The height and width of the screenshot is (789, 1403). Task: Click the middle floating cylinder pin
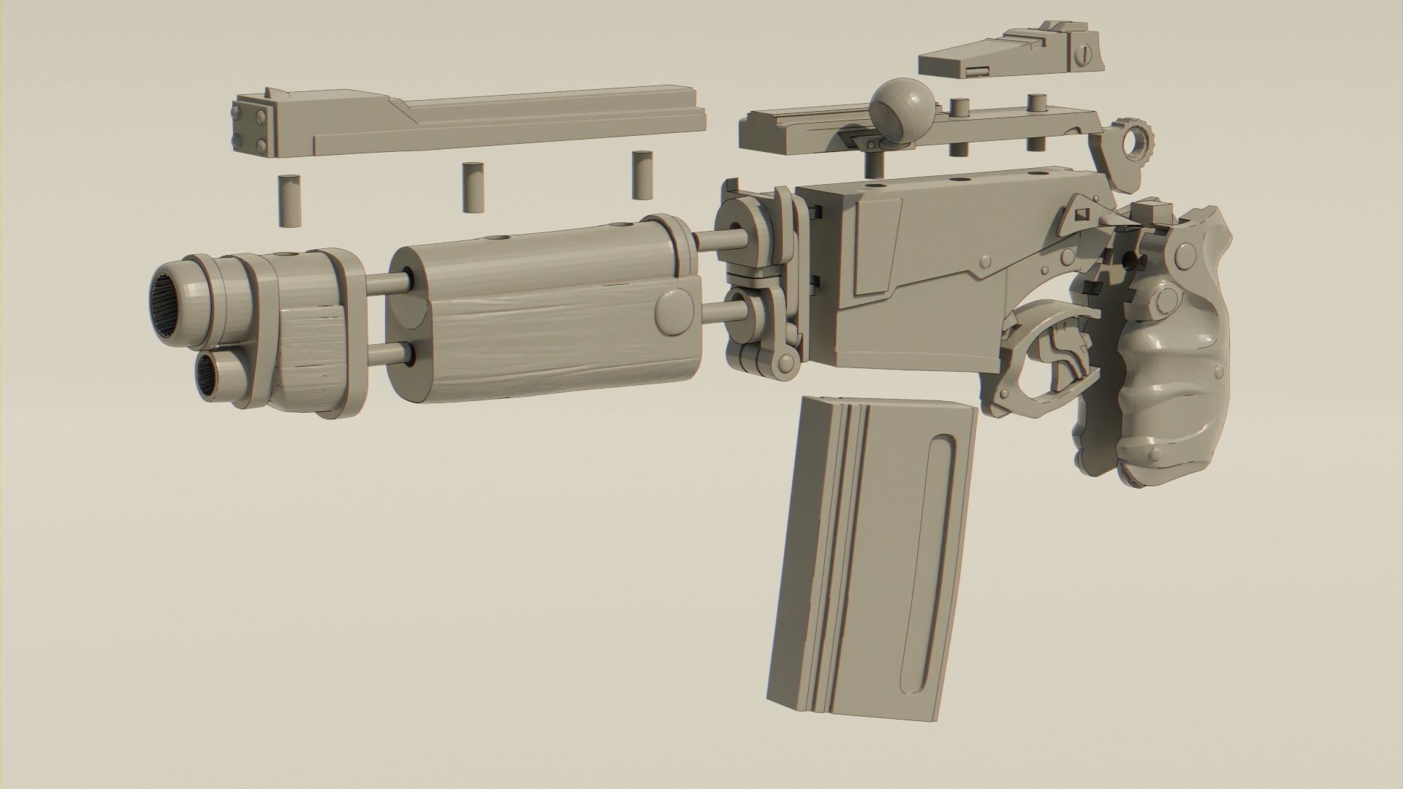click(x=474, y=187)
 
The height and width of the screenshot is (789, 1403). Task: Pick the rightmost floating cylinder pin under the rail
click(x=642, y=175)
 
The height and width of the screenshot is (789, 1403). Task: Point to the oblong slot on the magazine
click(x=930, y=544)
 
